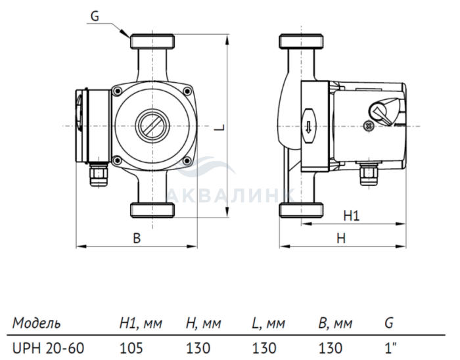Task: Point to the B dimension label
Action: coord(137,239)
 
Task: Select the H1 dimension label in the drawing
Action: coord(352,215)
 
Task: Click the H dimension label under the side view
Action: coord(341,239)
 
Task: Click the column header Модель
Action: coord(37,323)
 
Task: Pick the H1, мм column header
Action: coord(141,323)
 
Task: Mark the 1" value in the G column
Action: coord(389,346)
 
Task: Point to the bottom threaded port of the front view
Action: coord(153,211)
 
